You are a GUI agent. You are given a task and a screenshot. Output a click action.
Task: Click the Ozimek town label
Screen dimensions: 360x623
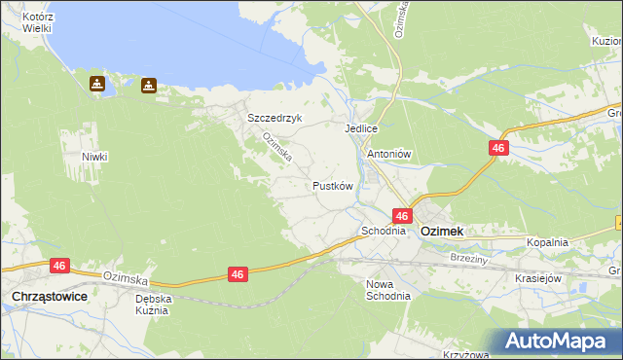point(441,232)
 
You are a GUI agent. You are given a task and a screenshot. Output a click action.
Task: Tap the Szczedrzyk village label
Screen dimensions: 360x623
point(275,118)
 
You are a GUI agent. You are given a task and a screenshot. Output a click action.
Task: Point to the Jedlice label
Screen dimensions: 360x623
point(360,128)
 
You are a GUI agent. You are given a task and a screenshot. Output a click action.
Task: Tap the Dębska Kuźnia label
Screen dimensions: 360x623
point(154,306)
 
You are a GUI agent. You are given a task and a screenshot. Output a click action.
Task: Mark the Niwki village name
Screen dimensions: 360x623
point(94,157)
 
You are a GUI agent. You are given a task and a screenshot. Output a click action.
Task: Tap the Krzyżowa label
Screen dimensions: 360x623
point(464,354)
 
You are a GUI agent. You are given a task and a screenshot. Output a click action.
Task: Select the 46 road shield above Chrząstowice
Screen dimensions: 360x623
point(60,265)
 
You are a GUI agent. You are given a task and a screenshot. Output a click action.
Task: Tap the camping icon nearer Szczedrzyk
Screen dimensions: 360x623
point(148,85)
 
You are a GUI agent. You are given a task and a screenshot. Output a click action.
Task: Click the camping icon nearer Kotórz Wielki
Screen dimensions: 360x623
point(98,84)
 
